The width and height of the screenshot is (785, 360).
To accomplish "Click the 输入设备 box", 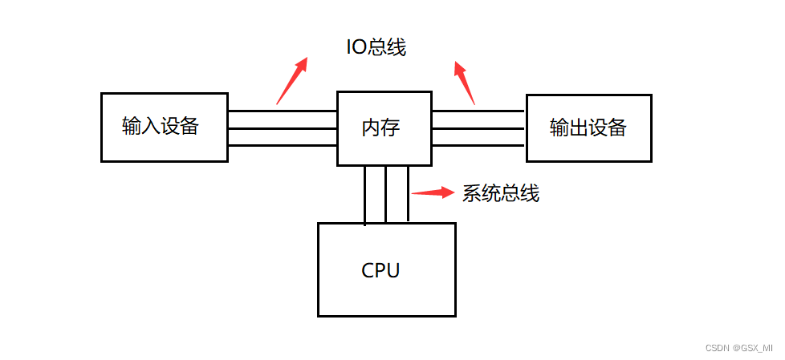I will click(x=164, y=127).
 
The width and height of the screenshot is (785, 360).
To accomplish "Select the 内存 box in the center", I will click(x=384, y=128).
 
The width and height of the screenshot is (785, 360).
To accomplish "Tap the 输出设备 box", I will click(x=588, y=128).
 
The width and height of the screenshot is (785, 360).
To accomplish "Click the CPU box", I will click(x=387, y=269).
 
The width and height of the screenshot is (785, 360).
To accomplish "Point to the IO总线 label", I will click(x=376, y=47).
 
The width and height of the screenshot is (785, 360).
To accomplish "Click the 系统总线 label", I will click(x=500, y=193).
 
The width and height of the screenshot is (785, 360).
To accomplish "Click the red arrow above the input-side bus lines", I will click(x=291, y=81).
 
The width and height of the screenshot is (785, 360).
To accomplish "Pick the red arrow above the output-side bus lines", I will click(x=465, y=83).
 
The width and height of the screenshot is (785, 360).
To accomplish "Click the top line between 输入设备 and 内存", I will click(x=282, y=111).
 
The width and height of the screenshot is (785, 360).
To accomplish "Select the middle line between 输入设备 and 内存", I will click(x=282, y=128).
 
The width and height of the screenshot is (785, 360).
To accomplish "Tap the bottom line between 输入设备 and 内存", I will click(x=282, y=145).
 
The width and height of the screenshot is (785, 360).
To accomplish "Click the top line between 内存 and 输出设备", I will click(x=479, y=111).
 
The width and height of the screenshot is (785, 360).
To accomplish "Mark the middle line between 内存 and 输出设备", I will click(x=479, y=128).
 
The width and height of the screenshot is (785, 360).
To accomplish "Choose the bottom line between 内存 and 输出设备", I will click(x=479, y=145).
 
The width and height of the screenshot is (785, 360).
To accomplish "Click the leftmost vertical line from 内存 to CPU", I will click(x=365, y=194).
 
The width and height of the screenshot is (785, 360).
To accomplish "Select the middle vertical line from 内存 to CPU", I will click(x=386, y=194).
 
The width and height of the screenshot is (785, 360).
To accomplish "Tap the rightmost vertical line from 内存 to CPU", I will click(x=408, y=194).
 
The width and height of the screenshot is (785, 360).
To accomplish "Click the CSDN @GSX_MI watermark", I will click(x=738, y=348).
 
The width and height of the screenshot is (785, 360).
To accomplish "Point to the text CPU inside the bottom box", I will click(x=380, y=270).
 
